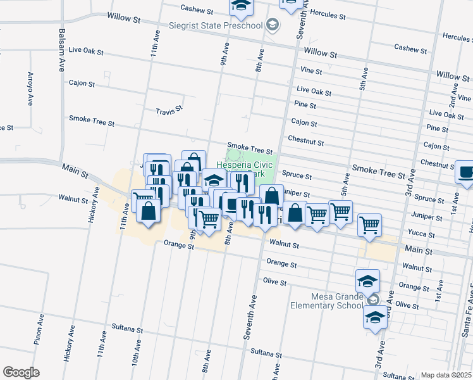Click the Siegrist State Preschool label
coord(216,25)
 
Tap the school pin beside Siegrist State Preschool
coord(273,25)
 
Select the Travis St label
coord(169,110)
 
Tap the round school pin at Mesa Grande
coord(374,300)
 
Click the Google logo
coord(21,372)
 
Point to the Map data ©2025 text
coord(445,375)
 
